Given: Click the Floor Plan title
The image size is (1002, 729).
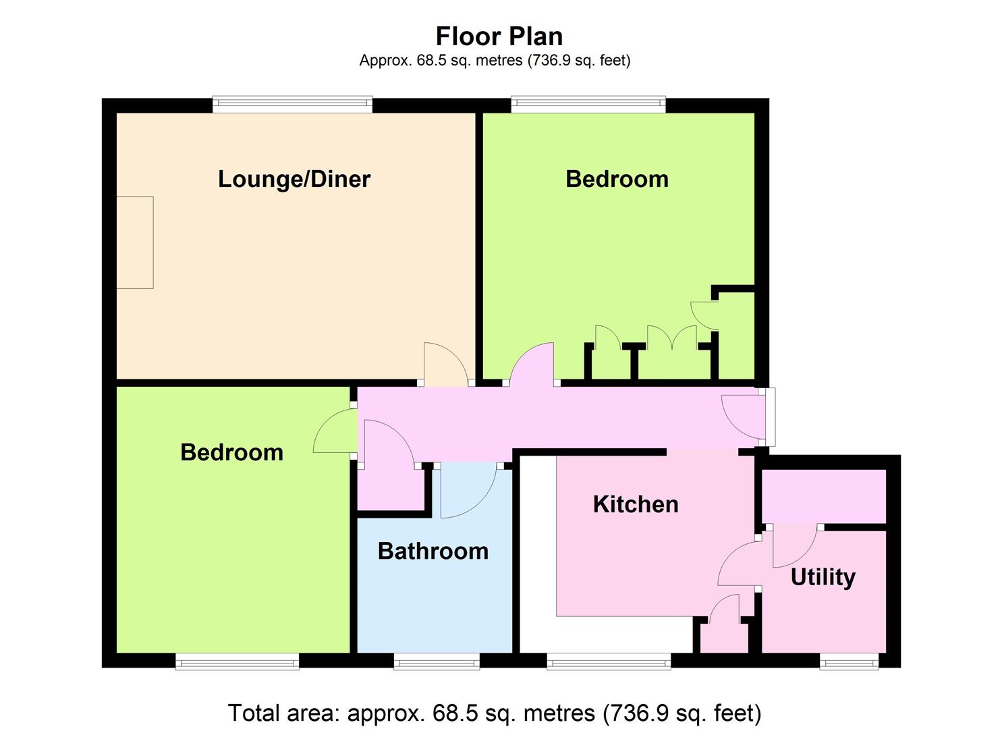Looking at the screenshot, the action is pyautogui.click(x=499, y=36).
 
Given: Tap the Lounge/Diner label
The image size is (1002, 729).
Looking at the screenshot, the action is pyautogui.click(x=294, y=180).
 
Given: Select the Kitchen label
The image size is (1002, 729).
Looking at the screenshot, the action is pyautogui.click(x=636, y=504).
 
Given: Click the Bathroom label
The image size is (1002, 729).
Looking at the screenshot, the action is pyautogui.click(x=433, y=551).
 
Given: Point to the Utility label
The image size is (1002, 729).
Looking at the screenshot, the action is pyautogui.click(x=823, y=577).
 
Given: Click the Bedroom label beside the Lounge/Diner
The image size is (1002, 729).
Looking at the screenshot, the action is pyautogui.click(x=617, y=179).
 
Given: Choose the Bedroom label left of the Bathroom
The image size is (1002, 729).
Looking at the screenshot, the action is pyautogui.click(x=231, y=452).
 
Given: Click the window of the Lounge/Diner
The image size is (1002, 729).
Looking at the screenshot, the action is pyautogui.click(x=292, y=105).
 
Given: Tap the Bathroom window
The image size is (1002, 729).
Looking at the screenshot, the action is pyautogui.click(x=437, y=661).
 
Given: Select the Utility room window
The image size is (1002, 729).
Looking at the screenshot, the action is pyautogui.click(x=849, y=661).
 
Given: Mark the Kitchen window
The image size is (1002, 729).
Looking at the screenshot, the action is pyautogui.click(x=609, y=661).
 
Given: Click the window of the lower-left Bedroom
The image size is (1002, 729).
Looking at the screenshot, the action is pyautogui.click(x=237, y=661).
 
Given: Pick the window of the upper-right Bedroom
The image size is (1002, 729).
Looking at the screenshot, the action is pyautogui.click(x=588, y=105).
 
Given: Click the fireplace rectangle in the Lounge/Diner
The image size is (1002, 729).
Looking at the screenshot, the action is pyautogui.click(x=135, y=242).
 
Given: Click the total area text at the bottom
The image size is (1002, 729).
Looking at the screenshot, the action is pyautogui.click(x=495, y=712).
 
